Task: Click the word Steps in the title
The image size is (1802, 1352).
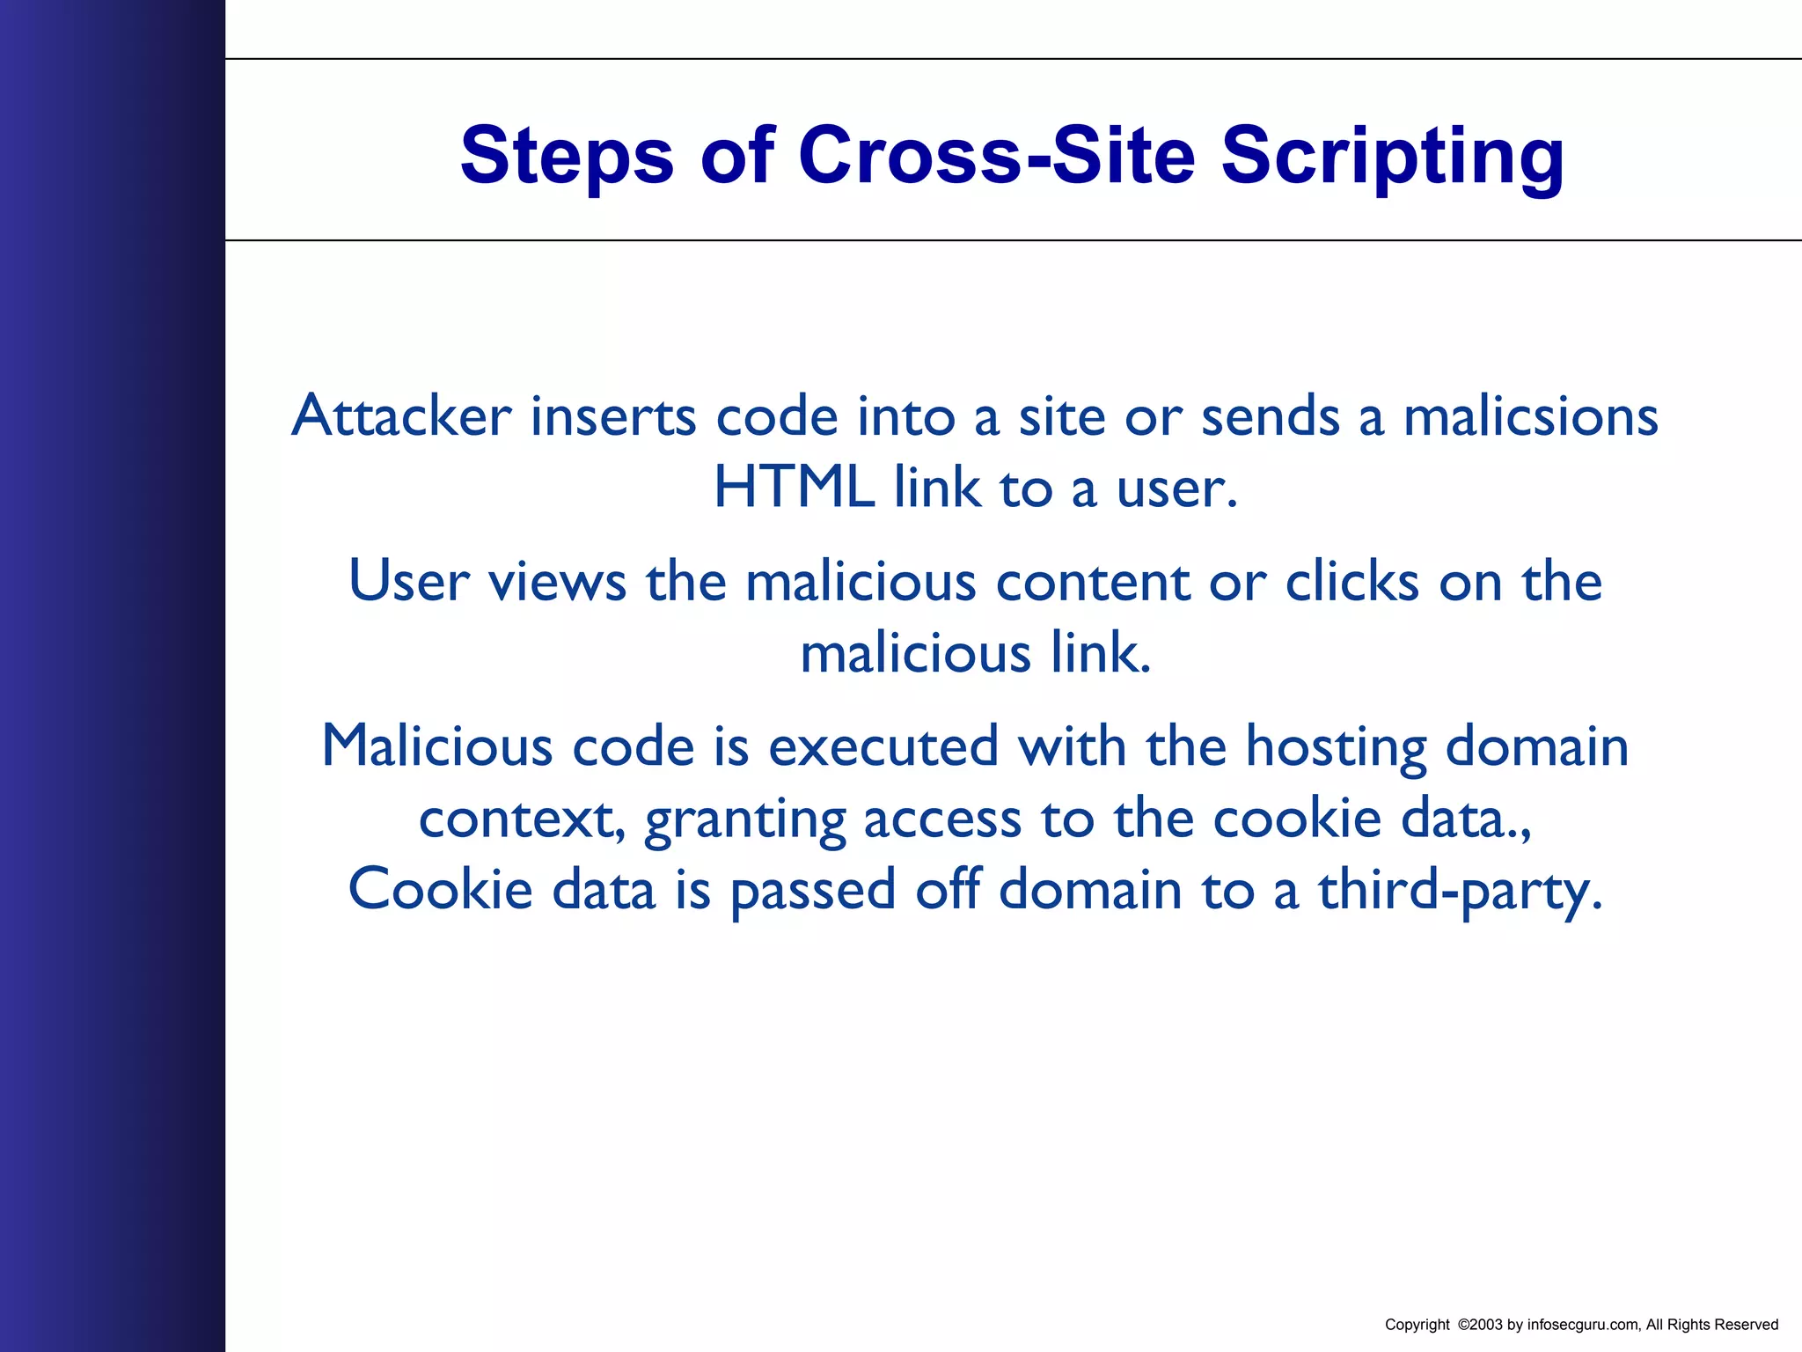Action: [x=567, y=156]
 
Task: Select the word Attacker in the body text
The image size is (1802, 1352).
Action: [x=401, y=415]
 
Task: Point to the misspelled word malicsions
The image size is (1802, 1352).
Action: [x=1530, y=415]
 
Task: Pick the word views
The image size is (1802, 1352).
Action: [x=557, y=582]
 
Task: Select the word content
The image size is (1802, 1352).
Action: [x=1092, y=582]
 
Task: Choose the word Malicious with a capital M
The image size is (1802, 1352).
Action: [x=437, y=746]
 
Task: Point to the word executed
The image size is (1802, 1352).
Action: [x=883, y=746]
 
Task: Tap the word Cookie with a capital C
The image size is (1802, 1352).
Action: [x=440, y=889]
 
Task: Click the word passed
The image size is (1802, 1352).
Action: [x=813, y=891]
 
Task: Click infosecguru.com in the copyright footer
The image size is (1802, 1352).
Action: [x=1583, y=1325]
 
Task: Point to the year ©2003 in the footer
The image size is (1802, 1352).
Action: [x=1480, y=1325]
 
